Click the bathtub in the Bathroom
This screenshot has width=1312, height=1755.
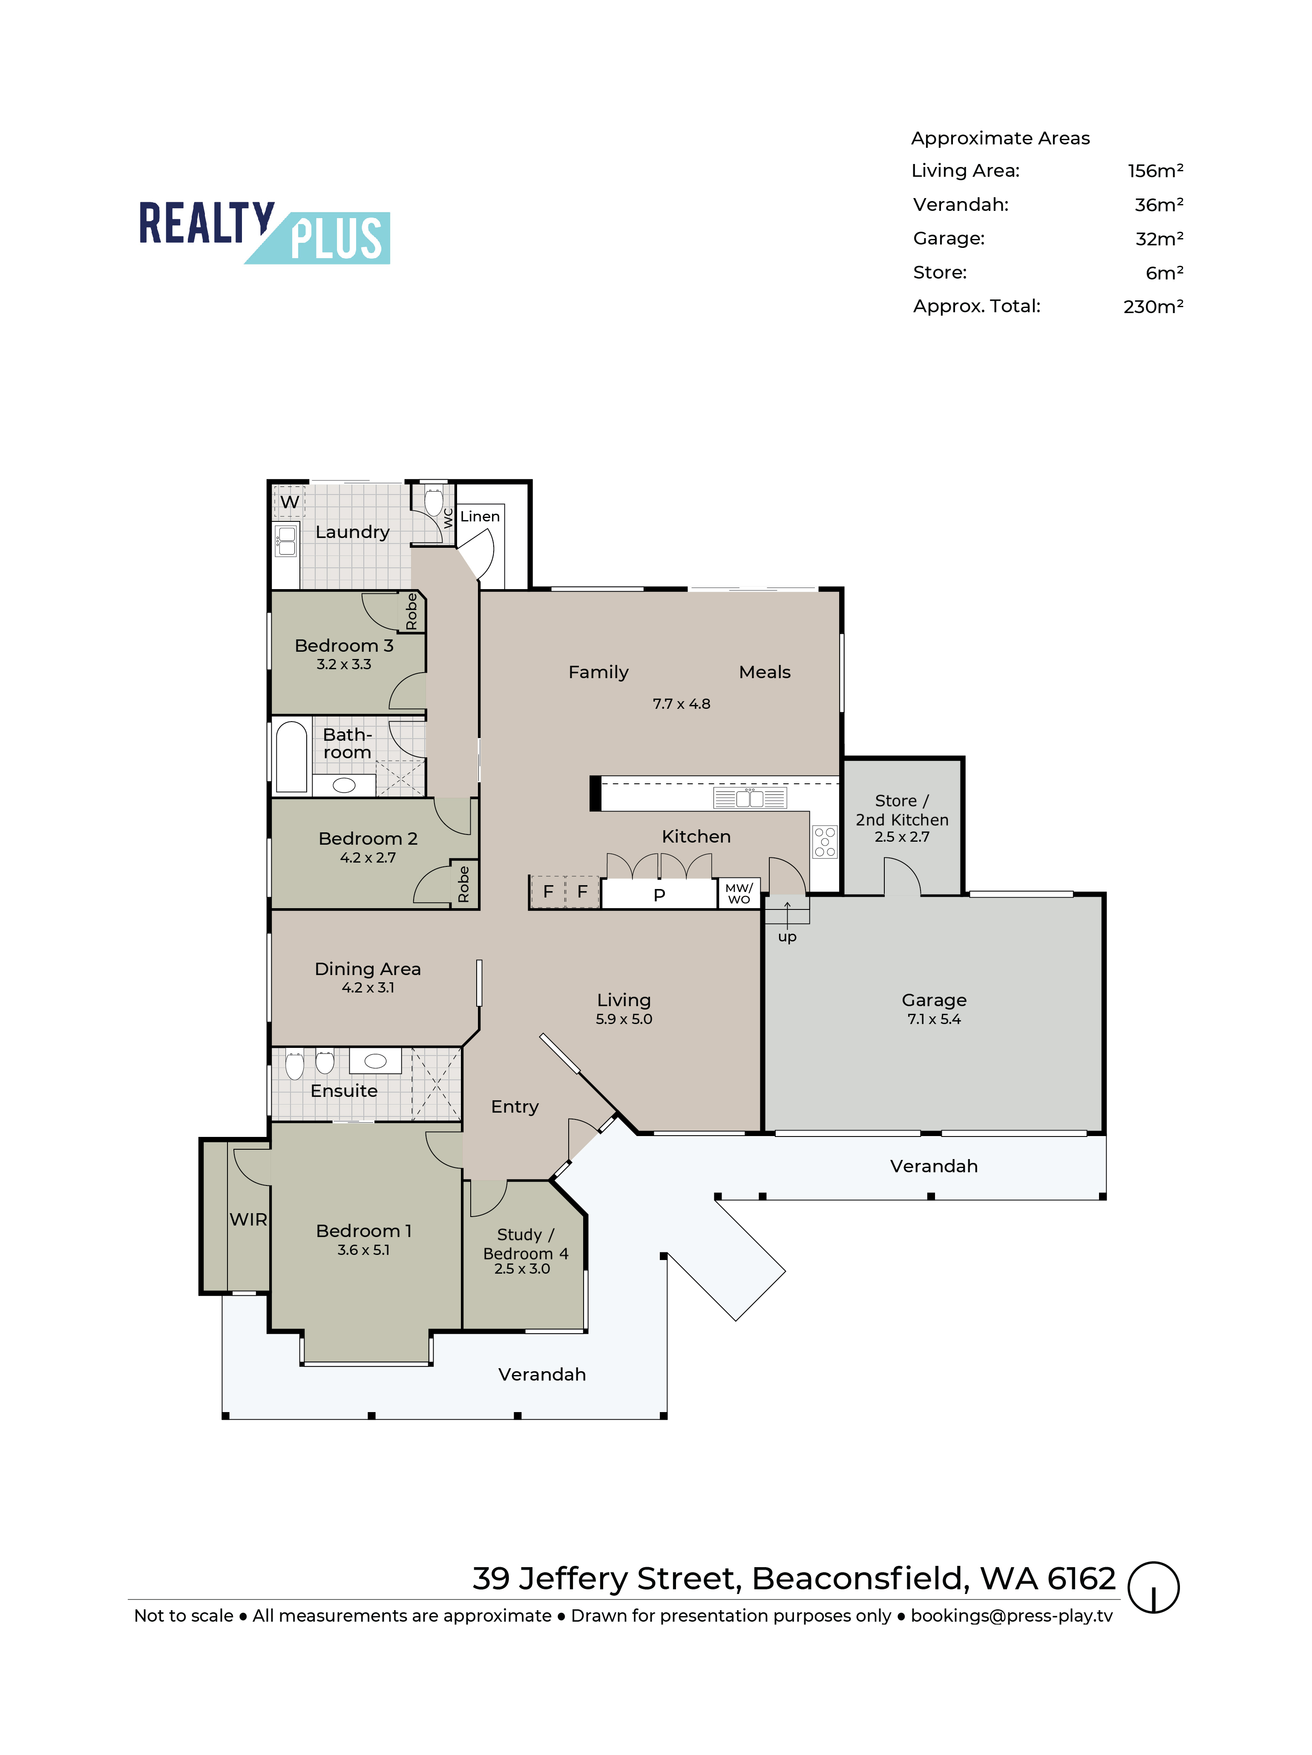(291, 756)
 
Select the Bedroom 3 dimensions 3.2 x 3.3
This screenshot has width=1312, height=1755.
(343, 664)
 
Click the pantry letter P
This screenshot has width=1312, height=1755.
(659, 895)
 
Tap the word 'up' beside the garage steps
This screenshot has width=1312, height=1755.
(787, 937)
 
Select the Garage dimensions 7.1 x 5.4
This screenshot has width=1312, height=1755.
(934, 1019)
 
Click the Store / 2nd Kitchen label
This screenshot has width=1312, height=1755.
(902, 810)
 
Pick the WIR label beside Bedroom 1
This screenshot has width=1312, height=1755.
(248, 1220)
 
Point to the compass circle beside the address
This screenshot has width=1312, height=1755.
(1154, 1588)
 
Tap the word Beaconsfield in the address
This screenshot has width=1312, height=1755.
(860, 1579)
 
